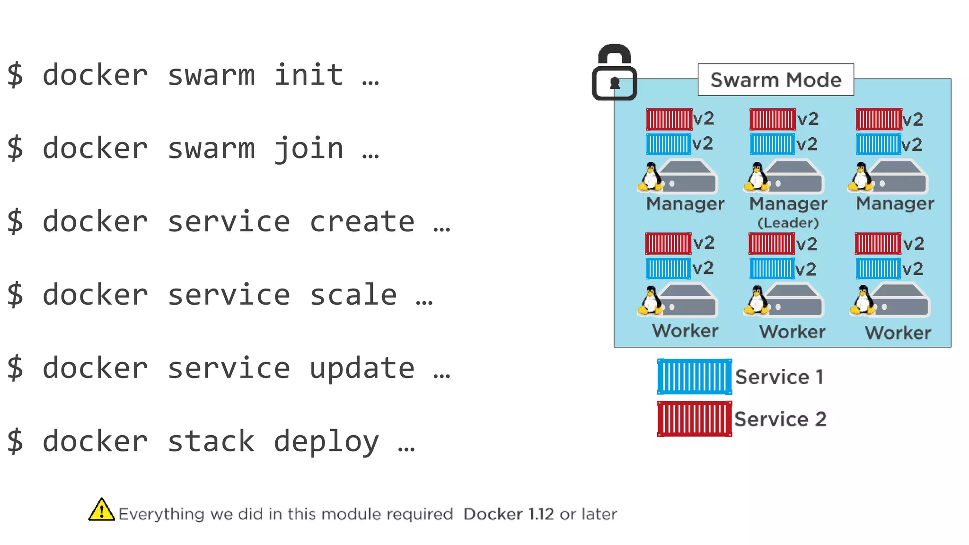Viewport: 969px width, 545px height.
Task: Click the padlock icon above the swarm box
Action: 614,73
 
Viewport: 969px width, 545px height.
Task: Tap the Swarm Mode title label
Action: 775,80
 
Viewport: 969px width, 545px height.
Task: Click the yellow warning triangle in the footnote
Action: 101,510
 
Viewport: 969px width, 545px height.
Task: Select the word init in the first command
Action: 308,75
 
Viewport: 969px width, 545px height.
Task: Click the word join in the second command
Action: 308,149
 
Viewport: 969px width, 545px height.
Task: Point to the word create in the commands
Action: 362,221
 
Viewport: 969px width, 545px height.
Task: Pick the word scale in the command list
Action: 353,295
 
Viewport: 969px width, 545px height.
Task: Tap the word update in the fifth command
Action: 362,368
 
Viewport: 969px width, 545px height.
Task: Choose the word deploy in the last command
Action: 326,442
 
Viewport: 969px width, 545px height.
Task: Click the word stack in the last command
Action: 211,441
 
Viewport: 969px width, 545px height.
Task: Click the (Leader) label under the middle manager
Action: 788,223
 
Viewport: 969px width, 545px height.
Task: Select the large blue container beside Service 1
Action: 694,377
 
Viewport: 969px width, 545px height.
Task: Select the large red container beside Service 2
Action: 694,419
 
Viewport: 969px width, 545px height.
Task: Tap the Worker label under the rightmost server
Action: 898,333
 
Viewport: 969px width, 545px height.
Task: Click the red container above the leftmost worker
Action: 668,244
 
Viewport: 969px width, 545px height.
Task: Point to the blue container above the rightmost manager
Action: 878,144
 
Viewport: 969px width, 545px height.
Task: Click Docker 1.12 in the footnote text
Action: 508,514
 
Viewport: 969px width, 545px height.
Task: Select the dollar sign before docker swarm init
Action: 15,75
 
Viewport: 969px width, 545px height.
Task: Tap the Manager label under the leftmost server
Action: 685,204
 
